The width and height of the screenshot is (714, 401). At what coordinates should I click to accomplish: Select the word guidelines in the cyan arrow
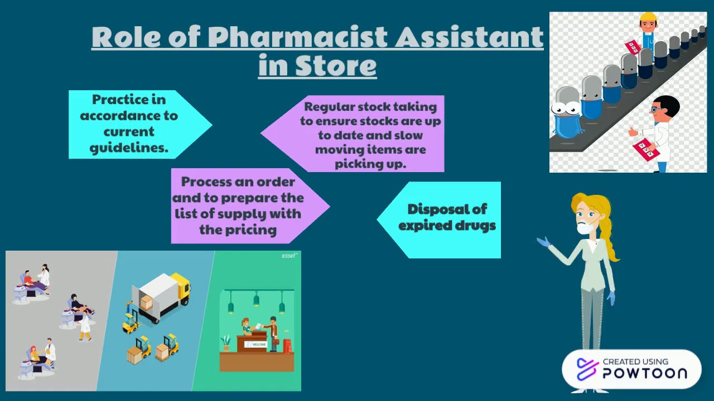(x=129, y=149)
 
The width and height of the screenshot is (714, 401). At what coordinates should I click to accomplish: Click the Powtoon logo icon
(x=586, y=369)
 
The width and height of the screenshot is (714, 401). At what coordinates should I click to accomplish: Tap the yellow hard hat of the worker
(x=648, y=18)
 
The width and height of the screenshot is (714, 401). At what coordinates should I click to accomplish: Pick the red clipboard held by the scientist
(x=646, y=149)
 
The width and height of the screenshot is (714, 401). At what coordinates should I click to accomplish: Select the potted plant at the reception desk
(x=226, y=342)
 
